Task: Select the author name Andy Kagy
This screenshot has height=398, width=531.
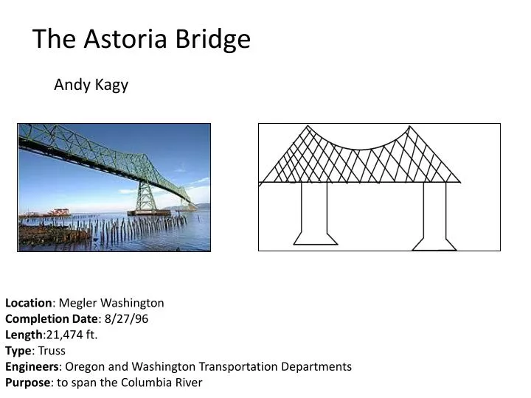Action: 91,85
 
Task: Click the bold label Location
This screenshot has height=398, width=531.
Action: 28,303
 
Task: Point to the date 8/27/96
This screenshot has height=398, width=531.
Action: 130,319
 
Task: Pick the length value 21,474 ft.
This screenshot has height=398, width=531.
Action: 72,335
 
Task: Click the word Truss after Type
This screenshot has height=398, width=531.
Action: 52,351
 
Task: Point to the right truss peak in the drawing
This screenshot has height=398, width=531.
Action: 407,128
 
